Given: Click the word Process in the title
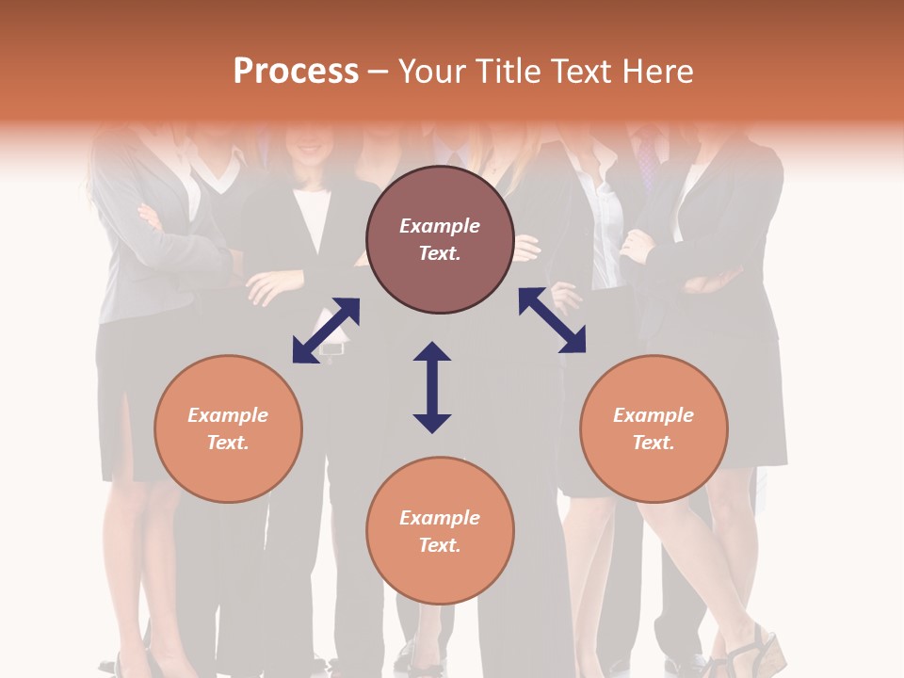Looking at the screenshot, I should pos(296,72).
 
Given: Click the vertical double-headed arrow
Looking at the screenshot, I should pos(432,387).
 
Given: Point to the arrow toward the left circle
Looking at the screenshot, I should pos(326,331).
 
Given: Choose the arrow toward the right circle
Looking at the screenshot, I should pos(552,320).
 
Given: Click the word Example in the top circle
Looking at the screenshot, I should pos(440,226).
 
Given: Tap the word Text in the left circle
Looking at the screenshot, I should pos(228,443).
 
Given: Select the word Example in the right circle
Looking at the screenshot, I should pos(654,415).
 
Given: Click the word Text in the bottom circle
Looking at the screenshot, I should pos(440,545).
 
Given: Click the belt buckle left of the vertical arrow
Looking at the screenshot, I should pos(332,347).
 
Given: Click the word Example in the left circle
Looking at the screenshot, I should pos(228,415).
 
